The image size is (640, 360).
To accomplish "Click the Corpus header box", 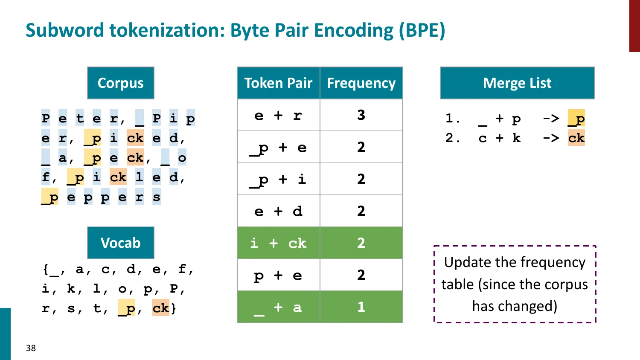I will tap(120, 83).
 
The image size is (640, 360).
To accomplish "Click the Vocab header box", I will tap(120, 243).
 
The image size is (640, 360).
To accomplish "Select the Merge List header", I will tap(517, 83).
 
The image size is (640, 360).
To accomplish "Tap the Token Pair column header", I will tap(278, 83).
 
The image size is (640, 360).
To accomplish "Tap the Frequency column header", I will tap(361, 83).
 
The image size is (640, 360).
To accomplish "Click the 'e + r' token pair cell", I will tap(278, 115).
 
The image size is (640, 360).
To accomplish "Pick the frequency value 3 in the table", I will tap(361, 115).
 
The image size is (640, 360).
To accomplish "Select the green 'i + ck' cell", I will tap(278, 243).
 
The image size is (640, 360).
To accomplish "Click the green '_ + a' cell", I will tap(278, 307).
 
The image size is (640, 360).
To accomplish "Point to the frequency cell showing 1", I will tap(361, 307).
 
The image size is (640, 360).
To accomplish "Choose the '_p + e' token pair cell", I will tap(278, 147).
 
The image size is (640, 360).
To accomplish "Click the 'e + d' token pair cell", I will tap(278, 211).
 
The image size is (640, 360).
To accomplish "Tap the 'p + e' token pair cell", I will tap(278, 275).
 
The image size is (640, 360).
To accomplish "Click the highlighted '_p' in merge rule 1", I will tap(576, 119).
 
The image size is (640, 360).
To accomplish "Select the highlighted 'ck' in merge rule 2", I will tap(576, 138).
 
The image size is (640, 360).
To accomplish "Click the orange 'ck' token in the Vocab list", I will tap(161, 308).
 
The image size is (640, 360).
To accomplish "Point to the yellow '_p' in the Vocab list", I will tap(127, 308).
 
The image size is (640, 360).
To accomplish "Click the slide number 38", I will tap(31, 348).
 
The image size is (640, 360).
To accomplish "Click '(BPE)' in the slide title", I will tap(422, 30).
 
